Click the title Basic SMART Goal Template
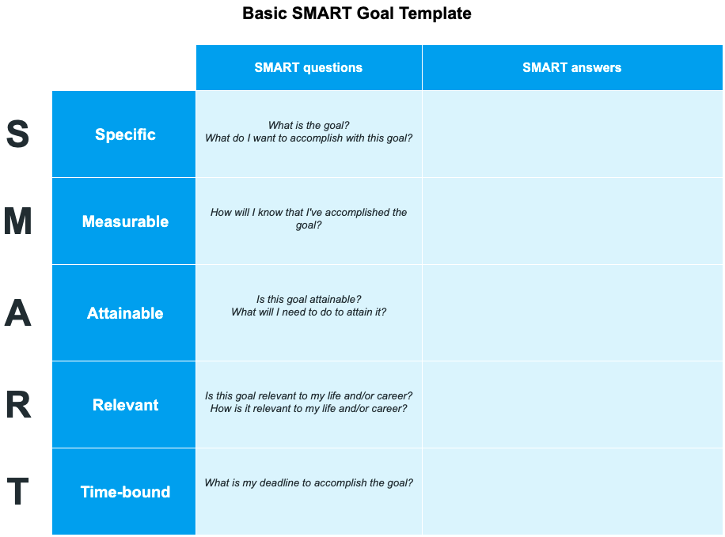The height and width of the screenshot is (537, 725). [356, 13]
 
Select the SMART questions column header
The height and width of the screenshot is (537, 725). [308, 68]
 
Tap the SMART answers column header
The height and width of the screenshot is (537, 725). [571, 68]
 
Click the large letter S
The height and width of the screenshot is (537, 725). [17, 134]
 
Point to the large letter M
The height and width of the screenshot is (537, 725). [17, 222]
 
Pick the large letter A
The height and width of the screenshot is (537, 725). [17, 314]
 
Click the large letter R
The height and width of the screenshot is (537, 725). [17, 406]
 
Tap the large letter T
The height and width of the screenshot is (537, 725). [17, 493]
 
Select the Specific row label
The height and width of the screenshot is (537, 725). [125, 134]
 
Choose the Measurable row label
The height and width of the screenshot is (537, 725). [125, 221]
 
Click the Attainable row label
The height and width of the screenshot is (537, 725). [125, 313]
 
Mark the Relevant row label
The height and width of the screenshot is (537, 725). [125, 405]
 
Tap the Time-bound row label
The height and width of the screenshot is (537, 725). [125, 492]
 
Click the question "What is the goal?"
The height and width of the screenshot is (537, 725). [309, 125]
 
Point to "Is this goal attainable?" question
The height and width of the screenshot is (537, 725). [309, 299]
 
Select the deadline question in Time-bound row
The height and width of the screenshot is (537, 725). [309, 482]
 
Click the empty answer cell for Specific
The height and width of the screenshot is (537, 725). [571, 134]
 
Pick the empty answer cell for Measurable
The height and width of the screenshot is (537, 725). [571, 221]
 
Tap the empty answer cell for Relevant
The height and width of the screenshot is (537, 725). [571, 405]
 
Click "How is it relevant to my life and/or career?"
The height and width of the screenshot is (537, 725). [309, 409]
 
